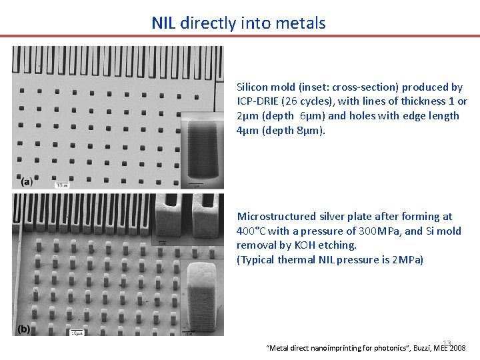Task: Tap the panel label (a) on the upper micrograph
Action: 26,181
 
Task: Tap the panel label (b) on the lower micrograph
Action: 24,329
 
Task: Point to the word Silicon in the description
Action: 251,87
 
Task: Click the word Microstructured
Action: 276,217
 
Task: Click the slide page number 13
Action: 447,343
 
